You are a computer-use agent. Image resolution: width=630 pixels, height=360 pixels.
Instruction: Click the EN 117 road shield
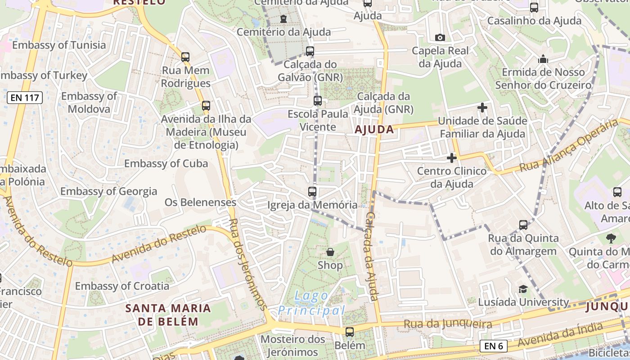(25, 98)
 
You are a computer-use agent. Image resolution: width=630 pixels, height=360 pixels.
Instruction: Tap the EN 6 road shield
(494, 346)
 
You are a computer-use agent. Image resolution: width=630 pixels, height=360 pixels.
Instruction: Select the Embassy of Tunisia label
(59, 45)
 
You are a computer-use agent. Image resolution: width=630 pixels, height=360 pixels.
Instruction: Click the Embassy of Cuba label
(166, 163)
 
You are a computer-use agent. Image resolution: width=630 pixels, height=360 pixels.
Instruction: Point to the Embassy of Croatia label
(122, 286)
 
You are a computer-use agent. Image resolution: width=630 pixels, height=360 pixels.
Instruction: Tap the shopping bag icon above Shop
(330, 252)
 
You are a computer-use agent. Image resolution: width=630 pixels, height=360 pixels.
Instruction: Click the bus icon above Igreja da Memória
(312, 192)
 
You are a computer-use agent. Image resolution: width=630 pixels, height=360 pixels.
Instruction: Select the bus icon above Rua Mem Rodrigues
(185, 57)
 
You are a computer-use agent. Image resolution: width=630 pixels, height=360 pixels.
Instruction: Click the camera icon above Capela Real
(440, 37)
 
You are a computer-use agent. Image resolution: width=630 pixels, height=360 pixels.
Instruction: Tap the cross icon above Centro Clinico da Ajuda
(452, 158)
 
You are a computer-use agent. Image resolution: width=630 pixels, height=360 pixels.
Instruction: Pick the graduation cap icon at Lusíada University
(523, 289)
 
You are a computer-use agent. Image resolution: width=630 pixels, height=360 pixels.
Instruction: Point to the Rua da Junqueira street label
(448, 324)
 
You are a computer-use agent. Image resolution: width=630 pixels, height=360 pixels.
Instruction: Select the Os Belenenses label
(200, 202)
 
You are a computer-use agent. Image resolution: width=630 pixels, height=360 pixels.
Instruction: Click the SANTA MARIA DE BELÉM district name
(168, 315)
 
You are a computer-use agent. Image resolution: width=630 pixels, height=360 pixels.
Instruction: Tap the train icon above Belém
(350, 332)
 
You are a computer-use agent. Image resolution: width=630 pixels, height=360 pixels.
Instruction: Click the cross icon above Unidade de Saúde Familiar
(482, 108)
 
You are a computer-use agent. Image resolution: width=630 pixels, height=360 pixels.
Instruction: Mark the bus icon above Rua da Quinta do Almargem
(523, 225)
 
